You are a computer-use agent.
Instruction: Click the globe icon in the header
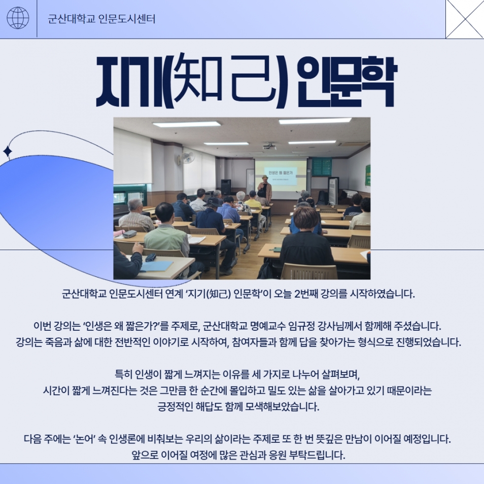pos(18,18)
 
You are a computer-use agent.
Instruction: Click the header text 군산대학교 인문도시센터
pos(101,19)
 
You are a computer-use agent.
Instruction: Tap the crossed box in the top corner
pos(465,19)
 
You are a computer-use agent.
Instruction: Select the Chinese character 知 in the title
pos(198,79)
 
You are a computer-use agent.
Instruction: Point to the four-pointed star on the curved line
pos(8,152)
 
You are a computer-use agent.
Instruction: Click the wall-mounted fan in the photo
pos(187,157)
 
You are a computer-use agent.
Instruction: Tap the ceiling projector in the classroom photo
pos(269,146)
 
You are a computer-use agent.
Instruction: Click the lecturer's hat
pos(264,177)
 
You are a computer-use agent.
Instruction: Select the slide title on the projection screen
pos(280,173)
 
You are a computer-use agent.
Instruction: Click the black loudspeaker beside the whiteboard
pos(226,187)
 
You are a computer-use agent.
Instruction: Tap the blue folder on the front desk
pos(157,266)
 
